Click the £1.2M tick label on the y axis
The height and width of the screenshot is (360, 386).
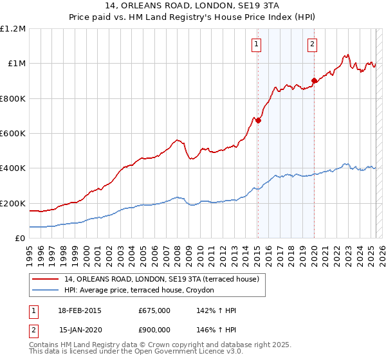coord(12,29)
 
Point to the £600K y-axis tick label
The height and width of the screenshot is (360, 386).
coord(13,134)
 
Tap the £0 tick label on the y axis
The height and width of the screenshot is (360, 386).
coord(20,239)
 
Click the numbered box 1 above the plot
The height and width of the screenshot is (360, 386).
coord(257,44)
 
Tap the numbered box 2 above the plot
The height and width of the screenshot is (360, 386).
coord(312,44)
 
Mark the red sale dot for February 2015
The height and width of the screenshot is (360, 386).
coord(258,120)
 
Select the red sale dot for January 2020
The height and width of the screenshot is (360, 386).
coord(314,81)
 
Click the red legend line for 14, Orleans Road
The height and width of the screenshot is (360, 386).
coord(46,280)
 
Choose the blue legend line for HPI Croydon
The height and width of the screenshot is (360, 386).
coord(46,291)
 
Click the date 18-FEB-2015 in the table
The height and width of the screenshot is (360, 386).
coord(80,310)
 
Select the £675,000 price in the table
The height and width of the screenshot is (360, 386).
coord(154,310)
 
